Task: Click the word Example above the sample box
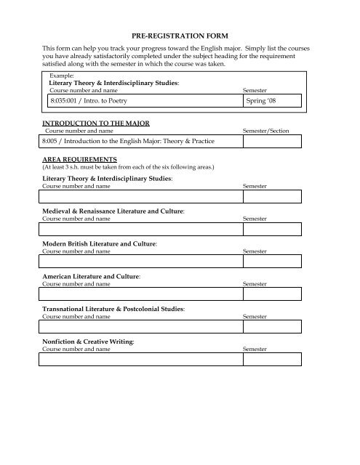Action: point(61,75)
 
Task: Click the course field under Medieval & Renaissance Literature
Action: point(140,230)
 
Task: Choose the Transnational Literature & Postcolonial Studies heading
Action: point(113,310)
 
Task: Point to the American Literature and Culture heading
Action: point(91,277)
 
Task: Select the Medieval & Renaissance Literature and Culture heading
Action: point(112,211)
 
